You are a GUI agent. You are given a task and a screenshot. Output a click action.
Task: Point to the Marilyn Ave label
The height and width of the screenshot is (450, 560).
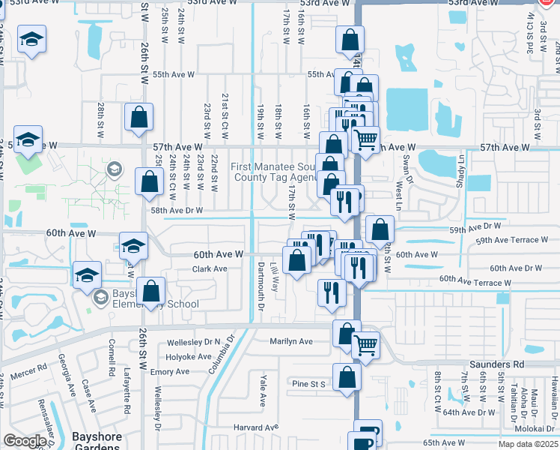click(291, 341)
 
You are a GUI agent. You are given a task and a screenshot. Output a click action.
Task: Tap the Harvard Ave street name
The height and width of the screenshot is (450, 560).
click(250, 427)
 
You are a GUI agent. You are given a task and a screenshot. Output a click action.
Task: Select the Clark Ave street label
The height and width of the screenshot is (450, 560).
click(210, 269)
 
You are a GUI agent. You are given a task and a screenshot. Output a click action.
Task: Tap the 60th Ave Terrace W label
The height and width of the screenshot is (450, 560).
click(475, 281)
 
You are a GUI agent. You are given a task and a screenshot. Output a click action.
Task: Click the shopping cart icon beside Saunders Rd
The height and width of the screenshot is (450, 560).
click(365, 345)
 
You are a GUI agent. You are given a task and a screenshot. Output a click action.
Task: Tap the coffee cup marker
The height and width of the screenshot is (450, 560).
click(367, 433)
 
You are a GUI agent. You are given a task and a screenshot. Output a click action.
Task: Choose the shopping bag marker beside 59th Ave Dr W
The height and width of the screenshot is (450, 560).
click(380, 228)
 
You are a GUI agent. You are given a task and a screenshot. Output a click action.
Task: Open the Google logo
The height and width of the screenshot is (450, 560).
click(25, 441)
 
